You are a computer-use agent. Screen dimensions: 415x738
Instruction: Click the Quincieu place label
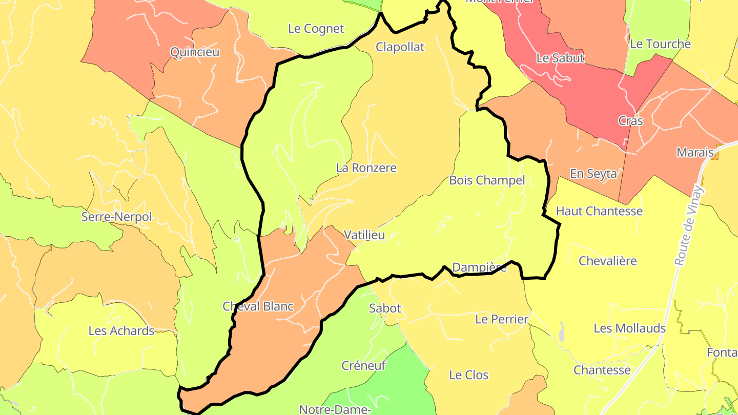(195, 52)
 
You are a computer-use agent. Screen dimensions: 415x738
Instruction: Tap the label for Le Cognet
(316, 29)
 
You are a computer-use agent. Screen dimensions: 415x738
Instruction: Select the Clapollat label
(400, 47)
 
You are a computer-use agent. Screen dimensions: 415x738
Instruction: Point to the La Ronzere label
(366, 168)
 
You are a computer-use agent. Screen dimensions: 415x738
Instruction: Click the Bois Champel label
(487, 180)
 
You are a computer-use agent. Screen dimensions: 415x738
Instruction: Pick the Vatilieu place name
(364, 235)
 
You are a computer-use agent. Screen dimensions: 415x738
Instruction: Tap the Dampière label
(479, 267)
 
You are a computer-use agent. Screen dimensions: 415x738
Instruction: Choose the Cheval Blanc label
(258, 306)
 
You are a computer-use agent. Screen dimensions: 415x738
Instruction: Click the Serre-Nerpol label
(117, 217)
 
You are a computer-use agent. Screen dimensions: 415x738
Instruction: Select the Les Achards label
(121, 331)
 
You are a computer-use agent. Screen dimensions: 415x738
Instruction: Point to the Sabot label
(385, 308)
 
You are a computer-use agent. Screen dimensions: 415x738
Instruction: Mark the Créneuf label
(363, 366)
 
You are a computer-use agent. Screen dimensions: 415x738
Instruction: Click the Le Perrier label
(502, 320)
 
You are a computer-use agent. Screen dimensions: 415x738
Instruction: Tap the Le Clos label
(469, 375)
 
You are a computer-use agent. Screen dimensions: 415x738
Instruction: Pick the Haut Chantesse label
(599, 211)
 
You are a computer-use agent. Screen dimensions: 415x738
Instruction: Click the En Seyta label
(593, 174)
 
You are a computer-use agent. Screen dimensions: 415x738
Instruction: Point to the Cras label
(630, 121)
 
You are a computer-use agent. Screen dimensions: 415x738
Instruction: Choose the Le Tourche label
(660, 44)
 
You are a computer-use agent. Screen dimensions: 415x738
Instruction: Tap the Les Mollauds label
(630, 328)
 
